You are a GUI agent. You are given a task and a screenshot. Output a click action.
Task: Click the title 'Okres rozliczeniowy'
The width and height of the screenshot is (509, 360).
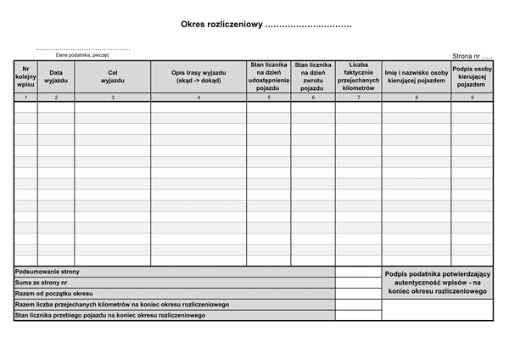coord(222,25)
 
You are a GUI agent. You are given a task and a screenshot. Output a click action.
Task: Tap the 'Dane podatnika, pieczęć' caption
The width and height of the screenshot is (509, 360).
coord(82,54)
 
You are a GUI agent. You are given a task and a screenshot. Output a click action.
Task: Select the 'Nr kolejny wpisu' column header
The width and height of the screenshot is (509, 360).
coord(25,77)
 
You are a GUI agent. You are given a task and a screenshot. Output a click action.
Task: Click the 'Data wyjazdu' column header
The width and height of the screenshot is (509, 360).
coord(56,77)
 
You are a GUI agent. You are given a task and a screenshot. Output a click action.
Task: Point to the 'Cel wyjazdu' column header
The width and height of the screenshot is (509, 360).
coord(113,77)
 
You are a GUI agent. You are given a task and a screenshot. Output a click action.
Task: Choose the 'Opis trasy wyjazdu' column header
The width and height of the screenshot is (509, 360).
coord(199,77)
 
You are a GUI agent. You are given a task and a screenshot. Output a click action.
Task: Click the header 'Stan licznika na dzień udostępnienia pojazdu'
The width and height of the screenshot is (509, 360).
coord(269,77)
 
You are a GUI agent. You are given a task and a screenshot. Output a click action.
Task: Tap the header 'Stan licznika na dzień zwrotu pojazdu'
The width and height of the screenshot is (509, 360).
coord(313,77)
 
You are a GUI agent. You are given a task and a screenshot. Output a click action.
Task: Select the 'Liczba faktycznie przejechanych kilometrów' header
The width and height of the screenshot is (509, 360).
coord(358,77)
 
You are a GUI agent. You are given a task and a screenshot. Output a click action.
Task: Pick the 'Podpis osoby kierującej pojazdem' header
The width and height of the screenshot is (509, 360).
coord(473,77)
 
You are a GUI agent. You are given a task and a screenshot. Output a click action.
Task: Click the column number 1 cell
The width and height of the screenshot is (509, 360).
coord(25,98)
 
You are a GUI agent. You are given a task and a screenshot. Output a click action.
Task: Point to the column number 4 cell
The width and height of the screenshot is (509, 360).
coord(199,98)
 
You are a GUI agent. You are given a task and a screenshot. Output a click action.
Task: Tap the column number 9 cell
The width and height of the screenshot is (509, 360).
coord(473,98)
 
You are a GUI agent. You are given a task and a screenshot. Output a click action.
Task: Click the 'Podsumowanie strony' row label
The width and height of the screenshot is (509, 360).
coord(48,272)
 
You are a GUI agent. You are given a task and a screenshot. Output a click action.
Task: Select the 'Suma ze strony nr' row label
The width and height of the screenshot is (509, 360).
coord(43,283)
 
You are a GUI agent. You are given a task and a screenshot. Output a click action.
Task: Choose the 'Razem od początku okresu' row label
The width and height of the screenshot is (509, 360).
coord(53,294)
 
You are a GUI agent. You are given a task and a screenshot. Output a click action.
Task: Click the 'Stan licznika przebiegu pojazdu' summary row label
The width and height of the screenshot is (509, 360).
coord(110,316)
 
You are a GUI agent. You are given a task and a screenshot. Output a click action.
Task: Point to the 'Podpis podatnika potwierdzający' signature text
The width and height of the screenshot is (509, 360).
coord(437,273)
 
